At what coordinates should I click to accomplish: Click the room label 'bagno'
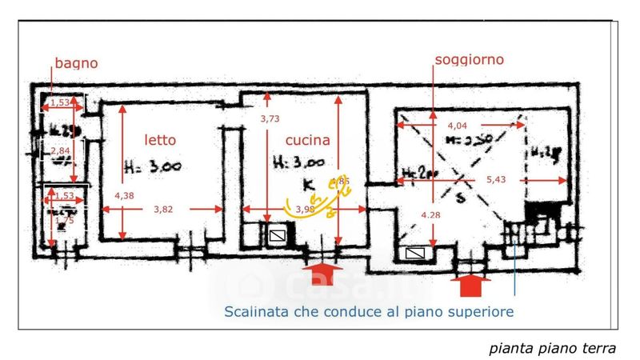tap(76, 63)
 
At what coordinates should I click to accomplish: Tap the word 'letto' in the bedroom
tap(160, 140)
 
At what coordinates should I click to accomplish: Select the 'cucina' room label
tap(308, 141)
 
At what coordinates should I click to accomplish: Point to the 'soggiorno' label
tap(470, 60)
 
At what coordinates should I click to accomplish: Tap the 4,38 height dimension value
tap(125, 196)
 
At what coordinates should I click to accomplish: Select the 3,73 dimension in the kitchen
tap(271, 119)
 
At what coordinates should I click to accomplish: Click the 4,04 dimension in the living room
tap(457, 126)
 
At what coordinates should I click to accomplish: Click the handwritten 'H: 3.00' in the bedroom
tap(153, 166)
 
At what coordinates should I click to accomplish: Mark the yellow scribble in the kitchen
tap(320, 200)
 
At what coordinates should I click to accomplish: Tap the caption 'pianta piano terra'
tap(552, 348)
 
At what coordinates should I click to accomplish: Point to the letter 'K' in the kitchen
tap(309, 186)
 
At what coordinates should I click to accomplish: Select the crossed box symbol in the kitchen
tap(277, 236)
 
